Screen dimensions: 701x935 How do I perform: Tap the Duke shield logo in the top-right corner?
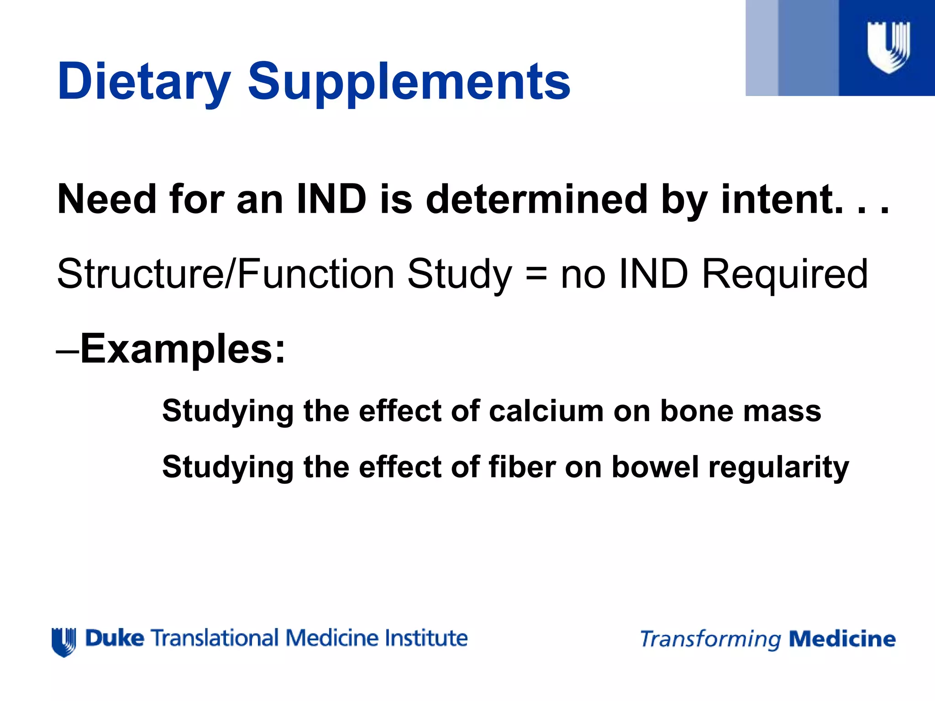point(888,47)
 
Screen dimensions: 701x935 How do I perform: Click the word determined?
point(536,199)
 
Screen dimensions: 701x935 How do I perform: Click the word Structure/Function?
point(225,274)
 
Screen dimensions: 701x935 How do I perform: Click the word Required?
point(784,275)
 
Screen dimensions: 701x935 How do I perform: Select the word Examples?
point(183,349)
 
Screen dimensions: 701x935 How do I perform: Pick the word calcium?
point(546,411)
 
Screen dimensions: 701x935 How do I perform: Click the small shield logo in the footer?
point(64,642)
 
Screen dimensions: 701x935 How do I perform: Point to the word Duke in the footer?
point(114,638)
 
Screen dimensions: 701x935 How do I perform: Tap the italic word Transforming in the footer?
point(710,639)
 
